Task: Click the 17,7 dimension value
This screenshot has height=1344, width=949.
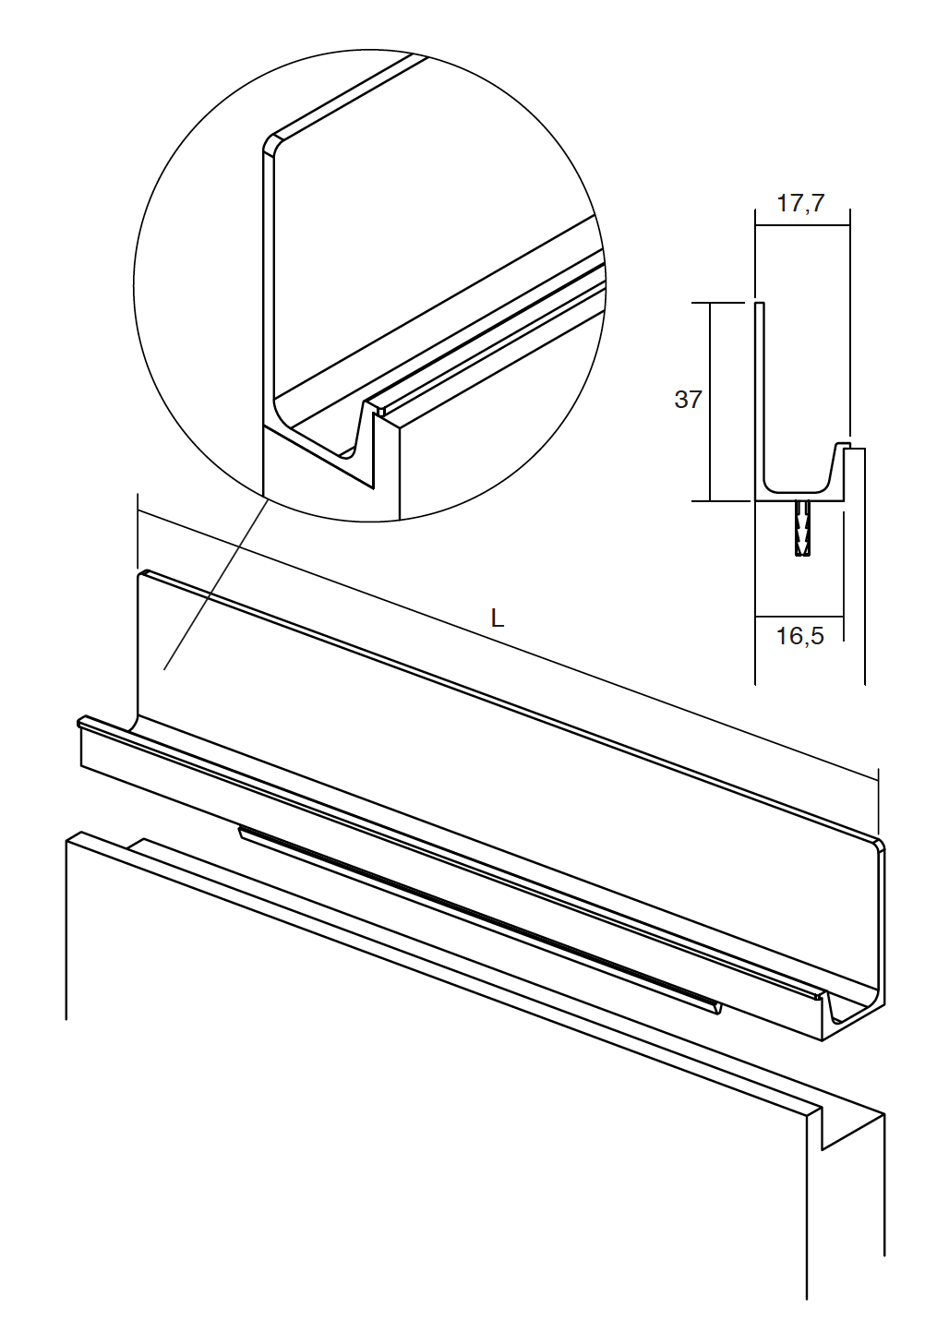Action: click(x=800, y=204)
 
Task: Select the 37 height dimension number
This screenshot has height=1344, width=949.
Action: click(x=688, y=400)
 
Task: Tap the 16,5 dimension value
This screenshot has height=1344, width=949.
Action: click(x=800, y=636)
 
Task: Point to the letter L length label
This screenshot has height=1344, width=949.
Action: click(x=498, y=618)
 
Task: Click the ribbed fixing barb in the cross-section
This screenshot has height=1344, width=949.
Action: click(x=801, y=529)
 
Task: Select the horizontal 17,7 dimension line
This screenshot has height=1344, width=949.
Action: click(x=802, y=225)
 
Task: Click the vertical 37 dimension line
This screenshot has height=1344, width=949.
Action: click(x=710, y=402)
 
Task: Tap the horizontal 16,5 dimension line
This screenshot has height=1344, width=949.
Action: click(x=799, y=616)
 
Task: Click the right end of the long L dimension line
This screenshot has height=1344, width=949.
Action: click(x=878, y=780)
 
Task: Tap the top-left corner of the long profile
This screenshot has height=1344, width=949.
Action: click(x=143, y=574)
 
